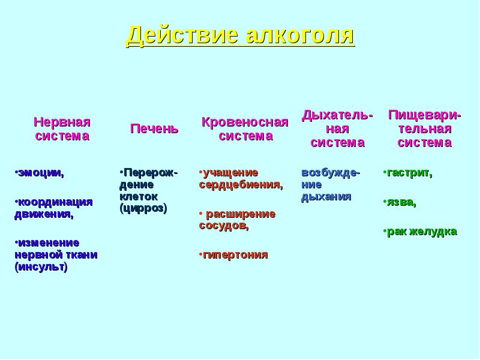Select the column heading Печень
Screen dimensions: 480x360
tap(154, 128)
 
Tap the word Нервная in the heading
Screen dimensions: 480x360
tap(62, 122)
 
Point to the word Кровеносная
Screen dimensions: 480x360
tap(245, 122)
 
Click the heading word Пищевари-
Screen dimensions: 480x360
tap(425, 116)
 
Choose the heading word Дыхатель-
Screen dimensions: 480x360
tap(337, 116)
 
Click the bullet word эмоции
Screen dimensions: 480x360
tap(41, 173)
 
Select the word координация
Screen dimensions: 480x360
tap(55, 202)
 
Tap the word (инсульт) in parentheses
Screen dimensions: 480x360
tap(41, 266)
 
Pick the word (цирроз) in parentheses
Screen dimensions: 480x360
tap(143, 208)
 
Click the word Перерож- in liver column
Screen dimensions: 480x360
tap(151, 173)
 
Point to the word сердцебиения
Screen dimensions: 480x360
tap(241, 185)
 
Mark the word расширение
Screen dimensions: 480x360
tap(241, 214)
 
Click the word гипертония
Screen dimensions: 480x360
tap(235, 254)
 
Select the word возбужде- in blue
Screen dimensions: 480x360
tap(331, 173)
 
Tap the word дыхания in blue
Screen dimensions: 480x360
tap(326, 197)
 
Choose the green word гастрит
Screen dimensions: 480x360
tap(410, 173)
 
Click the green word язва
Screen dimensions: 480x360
tap(401, 202)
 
